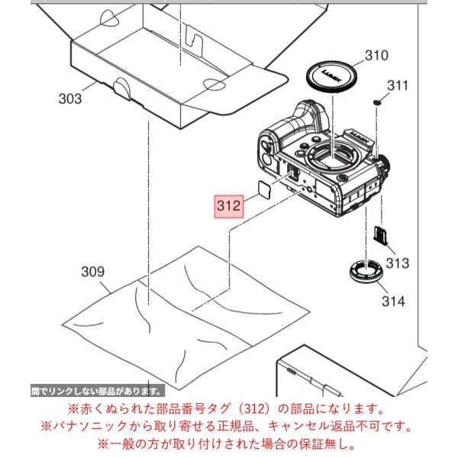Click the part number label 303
point(70,98)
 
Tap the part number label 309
point(92,272)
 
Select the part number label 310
point(376,55)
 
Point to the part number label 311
point(397,85)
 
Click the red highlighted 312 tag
point(229,206)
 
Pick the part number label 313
point(398,263)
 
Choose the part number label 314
point(393,302)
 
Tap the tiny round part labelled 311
point(377,102)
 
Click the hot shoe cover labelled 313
point(380,236)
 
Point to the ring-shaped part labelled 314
point(365,271)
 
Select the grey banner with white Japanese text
point(98,391)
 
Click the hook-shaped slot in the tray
point(195,40)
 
